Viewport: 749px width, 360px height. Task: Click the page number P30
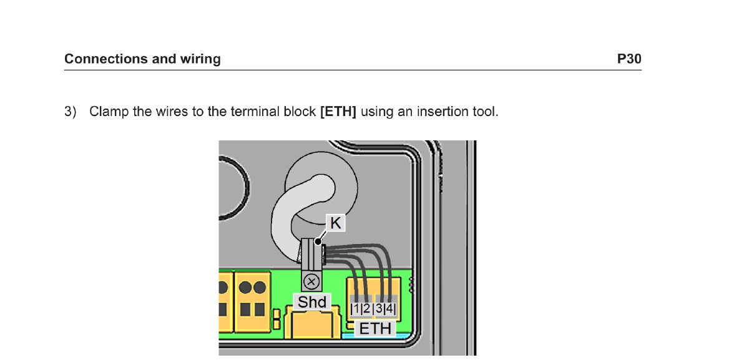coord(629,59)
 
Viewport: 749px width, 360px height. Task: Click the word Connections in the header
coord(106,59)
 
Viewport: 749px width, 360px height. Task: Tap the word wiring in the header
coord(200,59)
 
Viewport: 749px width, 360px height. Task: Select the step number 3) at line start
coord(70,111)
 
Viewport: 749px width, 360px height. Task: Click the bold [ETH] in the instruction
coord(338,111)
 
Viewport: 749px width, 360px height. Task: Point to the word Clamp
coord(109,112)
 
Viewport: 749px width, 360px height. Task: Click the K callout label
coord(335,223)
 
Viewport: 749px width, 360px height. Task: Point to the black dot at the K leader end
coord(318,241)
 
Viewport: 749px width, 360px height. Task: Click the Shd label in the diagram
coord(312,302)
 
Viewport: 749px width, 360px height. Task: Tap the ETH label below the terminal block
coord(375,329)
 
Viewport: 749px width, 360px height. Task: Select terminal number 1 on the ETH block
coord(356,308)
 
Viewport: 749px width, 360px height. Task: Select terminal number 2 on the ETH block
coord(367,308)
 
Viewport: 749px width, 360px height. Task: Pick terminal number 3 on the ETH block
coord(379,308)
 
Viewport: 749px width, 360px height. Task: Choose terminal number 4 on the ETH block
coord(389,308)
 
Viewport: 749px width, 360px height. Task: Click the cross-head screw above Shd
coord(311,282)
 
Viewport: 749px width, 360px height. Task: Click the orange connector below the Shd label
coord(312,324)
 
